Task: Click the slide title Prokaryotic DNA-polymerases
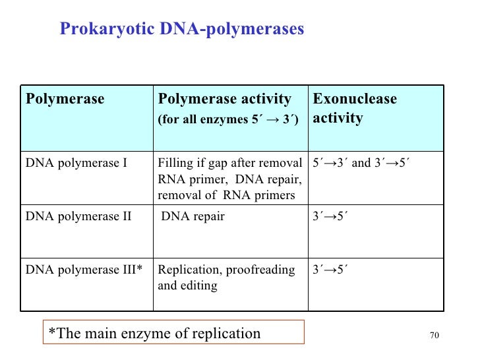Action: click(181, 29)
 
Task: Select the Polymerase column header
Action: click(65, 100)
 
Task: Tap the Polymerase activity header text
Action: click(224, 100)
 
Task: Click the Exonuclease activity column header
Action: click(355, 108)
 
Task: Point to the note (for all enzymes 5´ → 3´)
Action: click(228, 120)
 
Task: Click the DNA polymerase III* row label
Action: click(84, 270)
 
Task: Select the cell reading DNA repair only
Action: click(193, 216)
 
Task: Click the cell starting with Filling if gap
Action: click(229, 178)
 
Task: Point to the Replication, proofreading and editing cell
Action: click(226, 278)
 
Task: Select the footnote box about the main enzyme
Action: click(173, 333)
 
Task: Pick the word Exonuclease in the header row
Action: click(355, 100)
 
